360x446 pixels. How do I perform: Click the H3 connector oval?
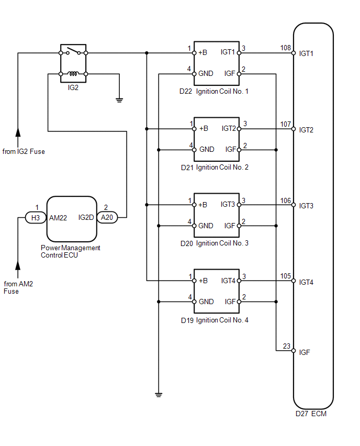point(36,218)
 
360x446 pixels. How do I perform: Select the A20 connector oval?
point(107,218)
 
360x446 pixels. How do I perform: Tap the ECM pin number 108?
point(286,48)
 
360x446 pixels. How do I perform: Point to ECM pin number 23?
point(287,346)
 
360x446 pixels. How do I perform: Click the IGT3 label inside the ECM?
point(306,206)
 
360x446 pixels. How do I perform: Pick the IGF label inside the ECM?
point(304,352)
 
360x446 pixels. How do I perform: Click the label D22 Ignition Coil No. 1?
point(214,91)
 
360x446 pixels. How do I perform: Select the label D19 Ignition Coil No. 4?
point(215,320)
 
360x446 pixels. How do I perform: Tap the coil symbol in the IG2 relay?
point(73,74)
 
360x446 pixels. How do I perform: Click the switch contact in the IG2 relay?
point(73,51)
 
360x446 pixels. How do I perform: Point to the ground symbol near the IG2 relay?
point(119,100)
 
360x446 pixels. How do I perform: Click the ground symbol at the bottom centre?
point(159,395)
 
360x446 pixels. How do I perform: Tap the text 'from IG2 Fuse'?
point(24,152)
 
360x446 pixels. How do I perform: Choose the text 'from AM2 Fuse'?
point(18,287)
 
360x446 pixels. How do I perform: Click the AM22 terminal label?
point(58,218)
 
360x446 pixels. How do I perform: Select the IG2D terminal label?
point(86,218)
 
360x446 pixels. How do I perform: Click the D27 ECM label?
point(311,414)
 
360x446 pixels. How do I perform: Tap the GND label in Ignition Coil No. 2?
point(207,150)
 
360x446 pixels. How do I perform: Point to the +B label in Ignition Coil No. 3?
point(203,205)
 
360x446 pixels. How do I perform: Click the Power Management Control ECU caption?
point(70,251)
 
